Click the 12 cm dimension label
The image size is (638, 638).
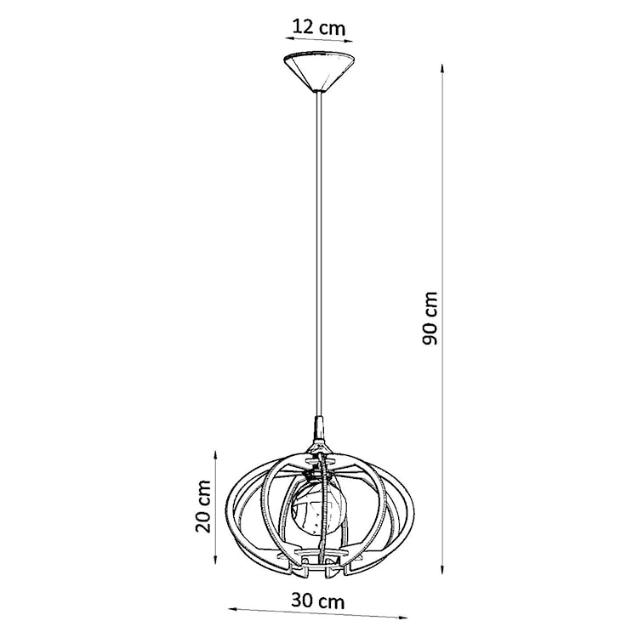point(318,26)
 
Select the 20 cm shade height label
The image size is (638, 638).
point(202,504)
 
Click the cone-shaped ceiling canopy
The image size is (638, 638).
point(318,71)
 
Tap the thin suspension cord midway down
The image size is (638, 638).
point(318,255)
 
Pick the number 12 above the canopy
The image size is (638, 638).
point(303,26)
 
